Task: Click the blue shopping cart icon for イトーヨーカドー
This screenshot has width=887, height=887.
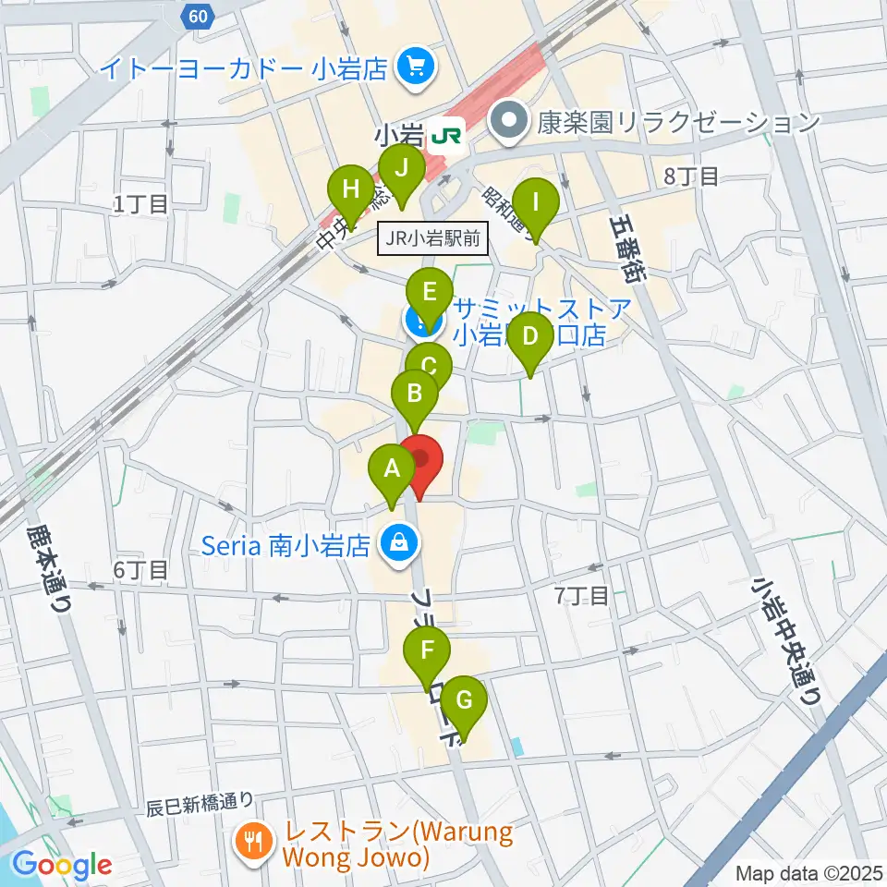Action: pos(411,67)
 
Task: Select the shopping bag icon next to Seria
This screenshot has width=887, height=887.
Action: pos(396,542)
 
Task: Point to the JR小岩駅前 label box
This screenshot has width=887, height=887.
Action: pos(432,239)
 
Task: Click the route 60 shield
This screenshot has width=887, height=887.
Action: pos(195,15)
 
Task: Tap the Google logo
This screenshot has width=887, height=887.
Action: pos(63,865)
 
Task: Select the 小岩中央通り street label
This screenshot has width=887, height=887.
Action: pos(786,640)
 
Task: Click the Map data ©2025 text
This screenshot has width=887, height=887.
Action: pos(807,872)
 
